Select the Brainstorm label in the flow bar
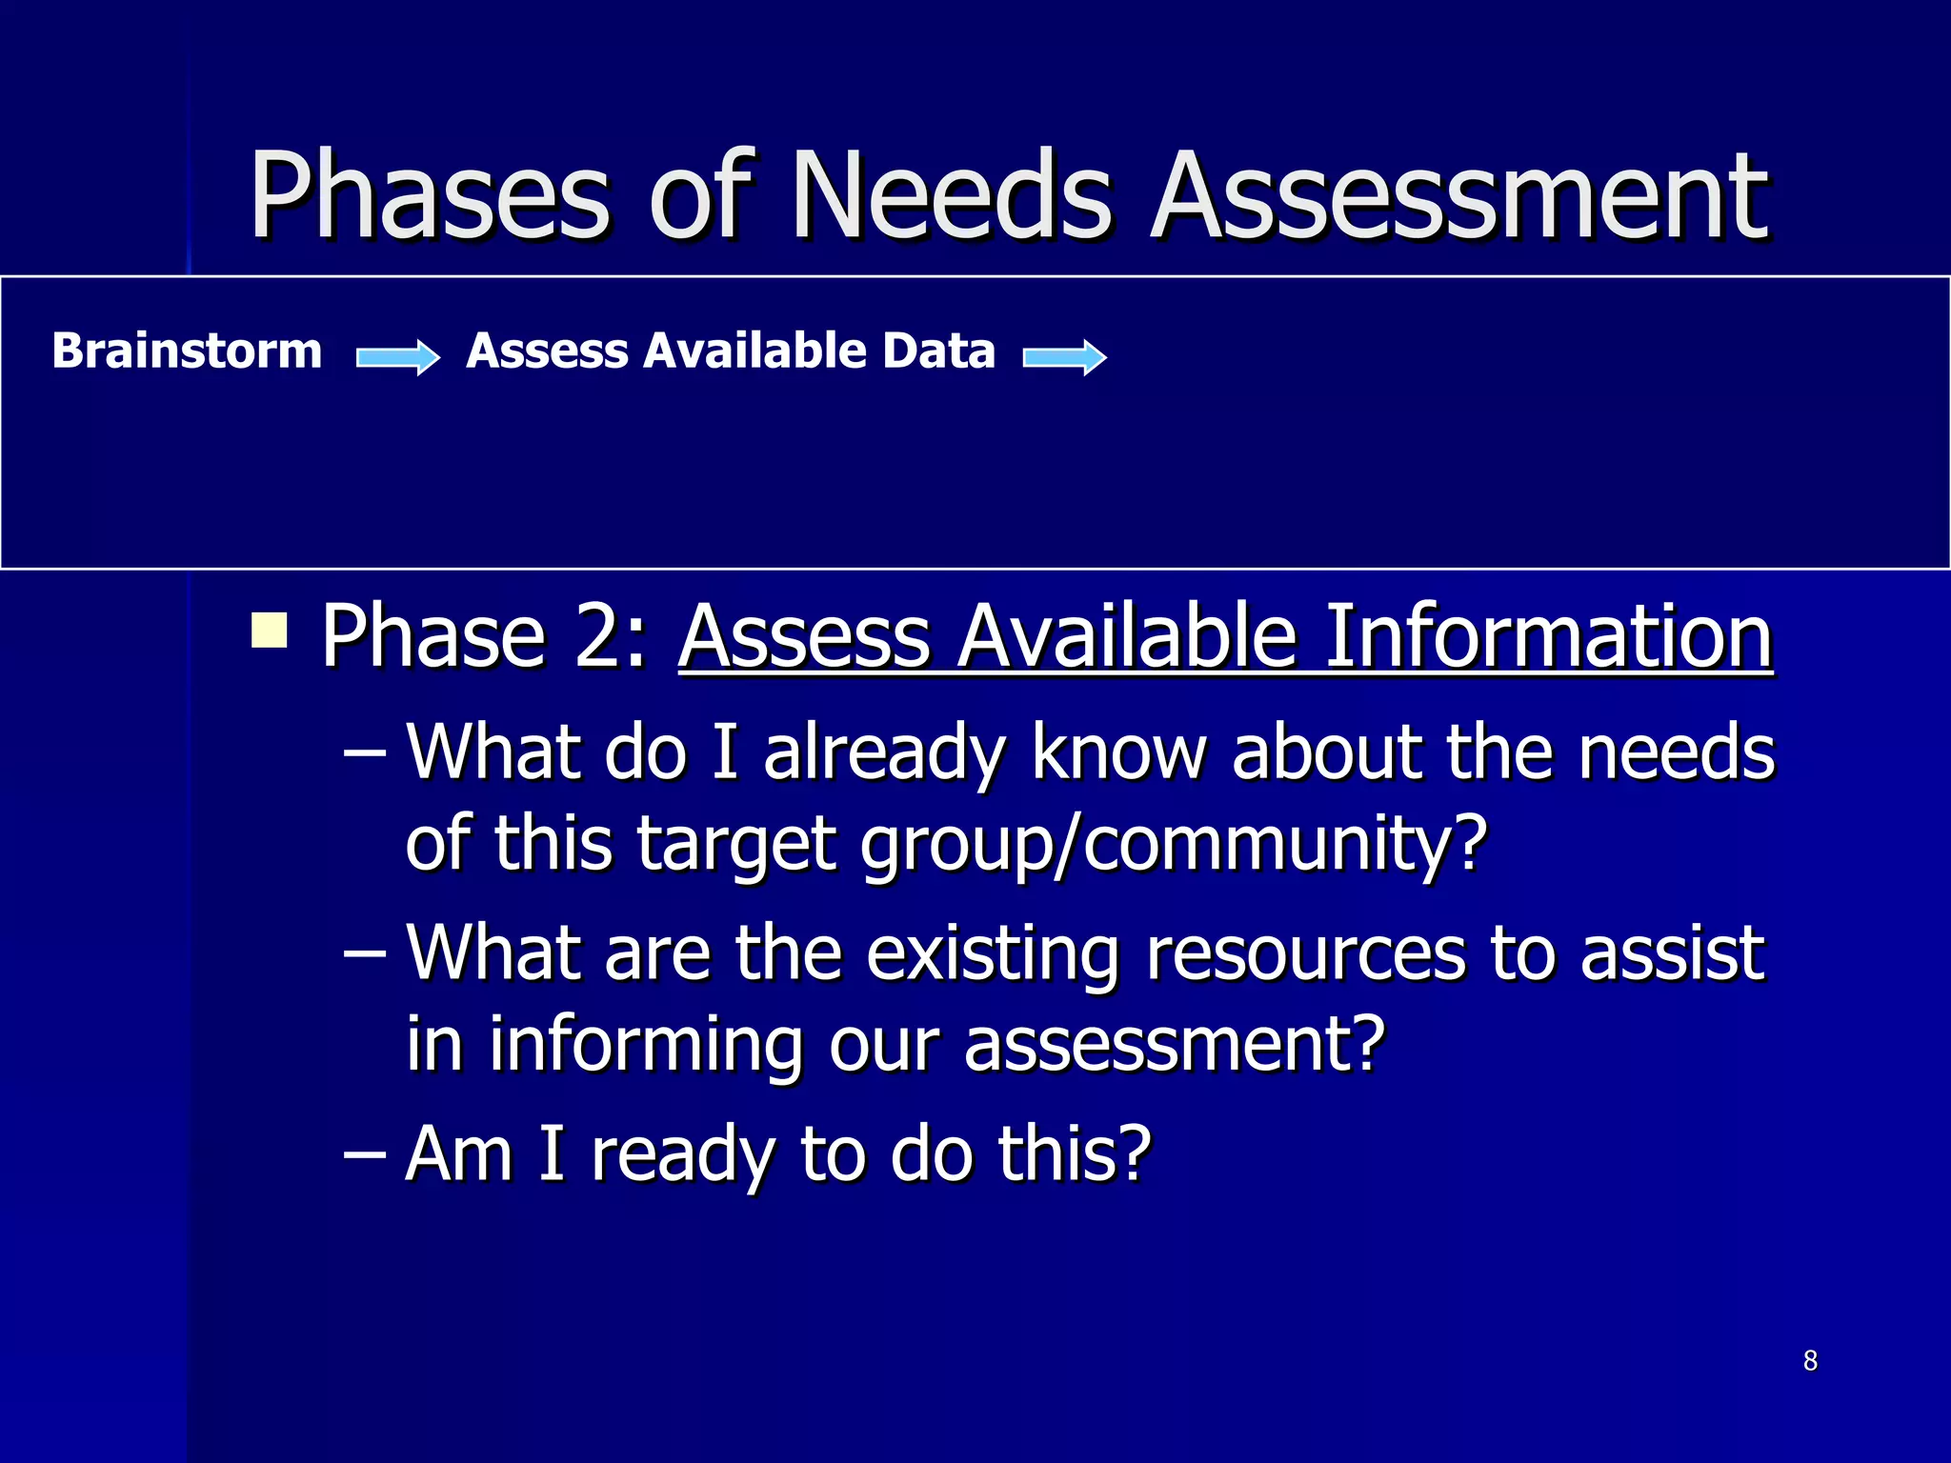pos(188,351)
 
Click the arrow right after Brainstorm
pos(397,357)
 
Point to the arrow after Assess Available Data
pos(1064,357)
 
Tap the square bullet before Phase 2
pos(270,631)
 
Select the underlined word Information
pos(1549,636)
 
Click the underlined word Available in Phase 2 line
pos(1128,636)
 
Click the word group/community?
pos(1174,845)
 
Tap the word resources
pos(1305,952)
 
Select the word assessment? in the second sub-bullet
pos(1174,1044)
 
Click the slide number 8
pos(1810,1361)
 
